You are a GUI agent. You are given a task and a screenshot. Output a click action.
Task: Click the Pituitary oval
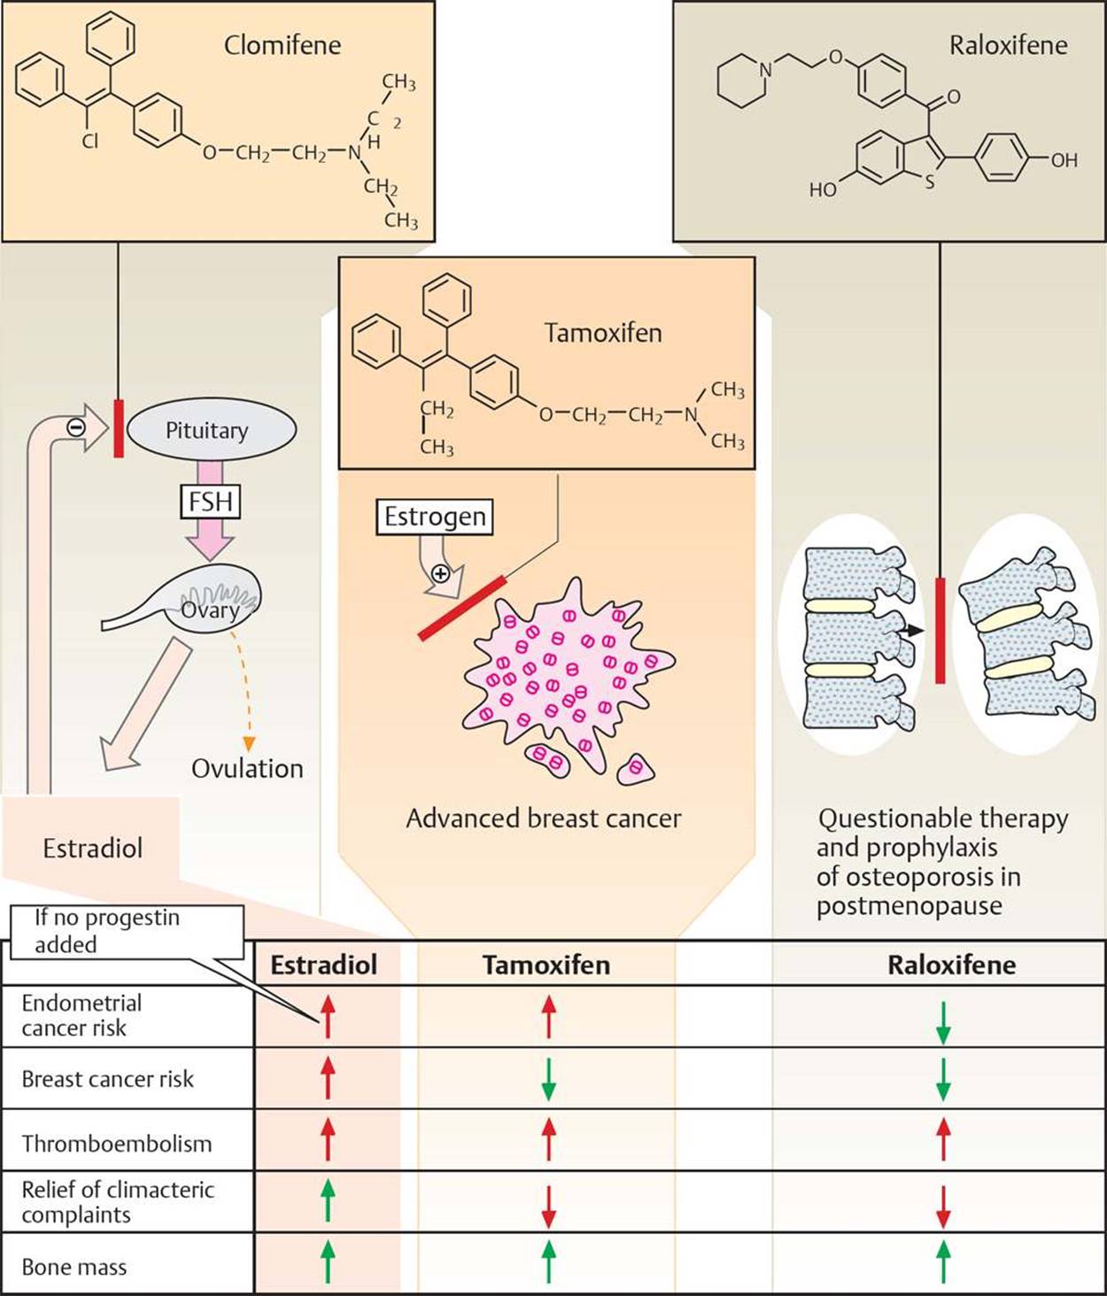[x=211, y=431]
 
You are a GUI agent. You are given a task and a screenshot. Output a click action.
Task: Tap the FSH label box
[x=211, y=502]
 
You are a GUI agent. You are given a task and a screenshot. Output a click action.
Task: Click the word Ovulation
[x=247, y=768]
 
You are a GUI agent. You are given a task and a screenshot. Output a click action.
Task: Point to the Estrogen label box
[x=435, y=516]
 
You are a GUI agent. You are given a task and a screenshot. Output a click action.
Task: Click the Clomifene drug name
[x=282, y=45]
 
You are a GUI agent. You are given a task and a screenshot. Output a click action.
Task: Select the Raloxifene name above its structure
[x=1008, y=45]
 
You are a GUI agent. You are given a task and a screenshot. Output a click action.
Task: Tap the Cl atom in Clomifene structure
[x=90, y=141]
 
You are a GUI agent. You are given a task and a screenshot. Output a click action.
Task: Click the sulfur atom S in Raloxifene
[x=929, y=182]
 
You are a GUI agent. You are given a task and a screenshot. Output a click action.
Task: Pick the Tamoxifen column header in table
[x=546, y=965]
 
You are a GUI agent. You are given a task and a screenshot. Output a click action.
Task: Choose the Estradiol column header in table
[x=323, y=965]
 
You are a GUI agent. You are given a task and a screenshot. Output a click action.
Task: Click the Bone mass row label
[x=74, y=1267]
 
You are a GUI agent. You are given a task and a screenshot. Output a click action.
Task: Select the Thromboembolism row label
[x=117, y=1144]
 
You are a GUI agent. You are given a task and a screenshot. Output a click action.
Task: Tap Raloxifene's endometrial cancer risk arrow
[x=943, y=1022]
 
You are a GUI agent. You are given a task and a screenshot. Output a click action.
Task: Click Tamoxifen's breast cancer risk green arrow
[x=548, y=1079]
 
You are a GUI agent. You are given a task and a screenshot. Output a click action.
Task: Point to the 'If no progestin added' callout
[x=126, y=931]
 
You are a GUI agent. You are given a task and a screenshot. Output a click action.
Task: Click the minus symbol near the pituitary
[x=76, y=426]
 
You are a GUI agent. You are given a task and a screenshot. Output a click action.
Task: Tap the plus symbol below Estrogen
[x=439, y=573]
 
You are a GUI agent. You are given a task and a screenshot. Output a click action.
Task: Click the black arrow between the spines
[x=912, y=630]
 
